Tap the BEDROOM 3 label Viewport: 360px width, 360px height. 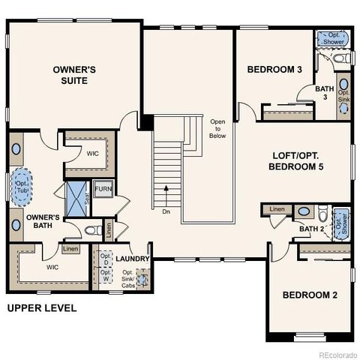click(274, 70)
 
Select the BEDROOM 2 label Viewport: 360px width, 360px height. click(310, 295)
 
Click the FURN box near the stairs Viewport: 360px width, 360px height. click(103, 189)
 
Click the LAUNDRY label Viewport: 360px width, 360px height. click(133, 259)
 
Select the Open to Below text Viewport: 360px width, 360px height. click(217, 128)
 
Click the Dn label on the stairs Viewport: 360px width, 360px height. click(166, 211)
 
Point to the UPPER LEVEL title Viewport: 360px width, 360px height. click(42, 308)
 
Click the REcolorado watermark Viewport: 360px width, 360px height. click(338, 354)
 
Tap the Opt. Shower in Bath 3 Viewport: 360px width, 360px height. click(332, 38)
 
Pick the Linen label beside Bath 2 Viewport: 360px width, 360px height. click(277, 209)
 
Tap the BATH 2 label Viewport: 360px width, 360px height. click(310, 229)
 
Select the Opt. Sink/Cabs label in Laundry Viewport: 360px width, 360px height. click(130, 279)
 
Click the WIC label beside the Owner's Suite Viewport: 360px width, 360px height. click(92, 153)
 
